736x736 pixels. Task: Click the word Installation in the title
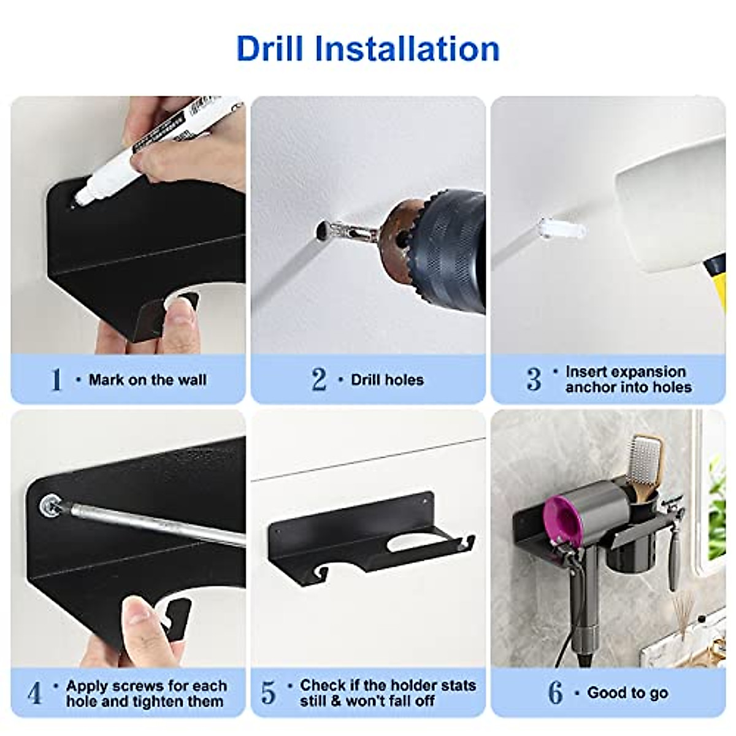(407, 49)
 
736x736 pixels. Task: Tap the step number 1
(56, 380)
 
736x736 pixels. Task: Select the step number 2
(319, 380)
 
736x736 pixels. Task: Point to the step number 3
(534, 380)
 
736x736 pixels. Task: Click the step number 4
(35, 693)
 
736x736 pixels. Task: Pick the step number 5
(269, 693)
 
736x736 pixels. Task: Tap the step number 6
(555, 693)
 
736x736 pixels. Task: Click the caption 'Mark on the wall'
(147, 380)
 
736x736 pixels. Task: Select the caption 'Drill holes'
(387, 380)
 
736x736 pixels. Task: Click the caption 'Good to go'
(627, 693)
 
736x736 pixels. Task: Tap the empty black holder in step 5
(368, 534)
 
